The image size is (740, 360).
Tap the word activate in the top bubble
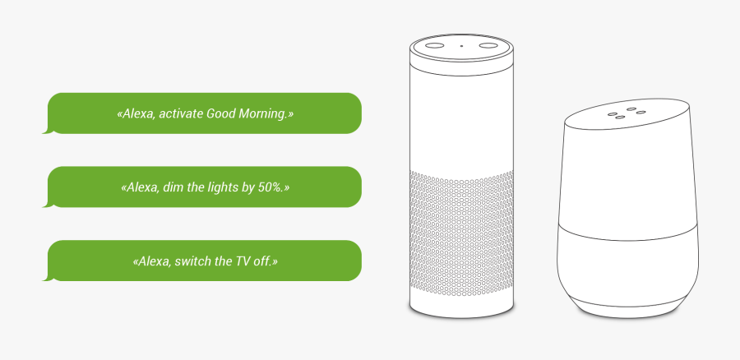click(180, 113)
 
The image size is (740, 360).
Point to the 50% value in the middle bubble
click(270, 187)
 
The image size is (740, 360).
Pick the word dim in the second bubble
click(173, 187)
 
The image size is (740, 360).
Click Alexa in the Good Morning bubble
click(137, 113)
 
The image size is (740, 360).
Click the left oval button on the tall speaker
click(434, 45)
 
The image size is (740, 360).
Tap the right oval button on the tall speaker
click(490, 45)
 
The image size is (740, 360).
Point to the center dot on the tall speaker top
click(461, 45)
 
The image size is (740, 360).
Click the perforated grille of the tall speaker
click(461, 238)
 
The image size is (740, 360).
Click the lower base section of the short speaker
click(630, 271)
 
